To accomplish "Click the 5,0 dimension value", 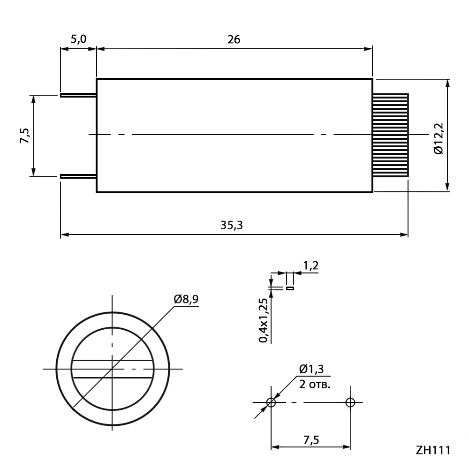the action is (x=78, y=39).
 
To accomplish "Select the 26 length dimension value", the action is (x=234, y=39).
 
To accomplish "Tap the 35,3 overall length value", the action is (x=232, y=225).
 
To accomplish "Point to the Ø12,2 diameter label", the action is (x=439, y=138).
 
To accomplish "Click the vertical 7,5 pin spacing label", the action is (x=25, y=136).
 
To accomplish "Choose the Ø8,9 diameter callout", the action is (x=186, y=299).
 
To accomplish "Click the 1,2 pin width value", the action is (x=311, y=265).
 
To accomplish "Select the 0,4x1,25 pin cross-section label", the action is (x=263, y=320).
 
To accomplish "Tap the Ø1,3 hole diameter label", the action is (x=311, y=369).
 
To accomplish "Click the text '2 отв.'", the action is (x=315, y=384).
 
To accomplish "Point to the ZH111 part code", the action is (x=433, y=450).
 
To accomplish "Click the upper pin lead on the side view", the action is (x=78, y=95).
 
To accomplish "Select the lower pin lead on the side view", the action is (x=78, y=176).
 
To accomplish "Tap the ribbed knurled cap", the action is (x=390, y=135).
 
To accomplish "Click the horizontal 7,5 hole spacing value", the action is (x=311, y=440).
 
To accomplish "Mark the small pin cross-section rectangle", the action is (x=290, y=288).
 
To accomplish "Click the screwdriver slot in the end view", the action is (x=113, y=369).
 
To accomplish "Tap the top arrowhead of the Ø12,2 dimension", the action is (x=447, y=83).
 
